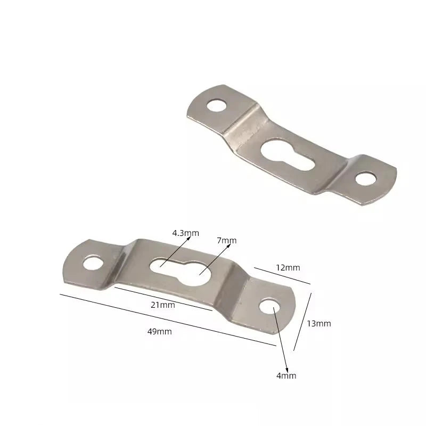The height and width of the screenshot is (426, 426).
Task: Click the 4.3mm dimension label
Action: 185,233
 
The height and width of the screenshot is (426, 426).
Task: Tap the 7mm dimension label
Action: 227,241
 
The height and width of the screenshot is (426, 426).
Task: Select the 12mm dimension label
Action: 288,268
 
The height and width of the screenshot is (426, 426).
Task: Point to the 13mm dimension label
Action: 319,324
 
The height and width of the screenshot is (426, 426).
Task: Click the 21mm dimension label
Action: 163,305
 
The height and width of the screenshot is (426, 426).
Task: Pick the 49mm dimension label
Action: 159,331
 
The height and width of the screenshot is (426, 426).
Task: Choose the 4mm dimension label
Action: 286,376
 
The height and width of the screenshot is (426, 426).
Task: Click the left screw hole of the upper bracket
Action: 217,105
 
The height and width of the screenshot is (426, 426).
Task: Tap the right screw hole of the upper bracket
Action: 366,179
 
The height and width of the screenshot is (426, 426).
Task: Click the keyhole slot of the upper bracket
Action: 288,155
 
